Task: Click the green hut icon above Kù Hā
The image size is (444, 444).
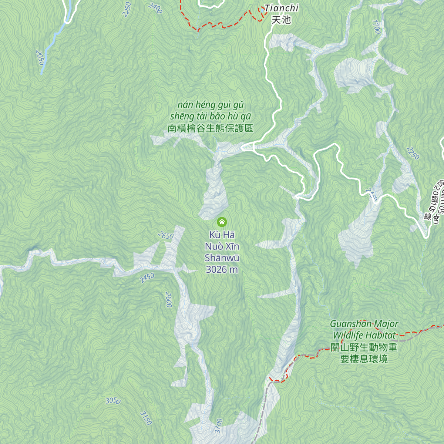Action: click(222, 222)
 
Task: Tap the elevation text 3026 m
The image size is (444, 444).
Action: click(222, 269)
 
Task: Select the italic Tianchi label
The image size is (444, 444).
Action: click(282, 8)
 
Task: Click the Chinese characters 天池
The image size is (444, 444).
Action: click(281, 20)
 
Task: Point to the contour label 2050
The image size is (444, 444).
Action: click(40, 57)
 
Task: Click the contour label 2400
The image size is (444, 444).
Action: click(155, 8)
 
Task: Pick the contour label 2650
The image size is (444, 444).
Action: click(165, 235)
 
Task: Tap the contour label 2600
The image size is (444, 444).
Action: click(169, 300)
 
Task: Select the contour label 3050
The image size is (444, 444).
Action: click(113, 401)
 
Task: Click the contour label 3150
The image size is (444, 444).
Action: click(146, 418)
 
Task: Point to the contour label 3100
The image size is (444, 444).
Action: click(219, 426)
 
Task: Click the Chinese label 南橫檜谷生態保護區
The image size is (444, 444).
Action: click(210, 128)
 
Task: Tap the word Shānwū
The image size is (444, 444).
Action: click(222, 258)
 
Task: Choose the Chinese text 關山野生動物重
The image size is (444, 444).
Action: click(364, 347)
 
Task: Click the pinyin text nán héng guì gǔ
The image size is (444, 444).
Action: click(211, 105)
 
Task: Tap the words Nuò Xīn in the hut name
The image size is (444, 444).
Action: click(222, 246)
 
